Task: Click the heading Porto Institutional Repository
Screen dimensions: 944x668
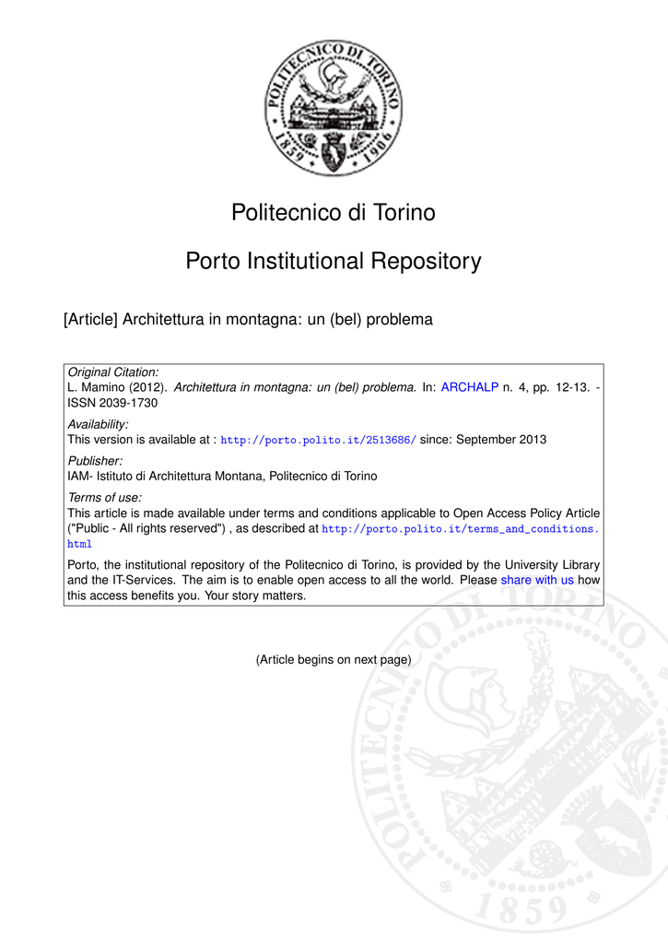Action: coord(334,262)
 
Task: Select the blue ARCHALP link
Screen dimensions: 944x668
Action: coord(469,388)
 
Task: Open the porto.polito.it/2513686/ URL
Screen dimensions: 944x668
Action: coord(319,441)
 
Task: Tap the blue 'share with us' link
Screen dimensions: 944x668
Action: coord(537,580)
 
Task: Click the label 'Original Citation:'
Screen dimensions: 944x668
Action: coord(113,372)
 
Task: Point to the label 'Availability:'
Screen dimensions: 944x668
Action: coord(99,424)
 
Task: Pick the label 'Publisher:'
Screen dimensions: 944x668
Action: coord(96,460)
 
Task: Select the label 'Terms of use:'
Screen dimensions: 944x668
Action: coord(105,497)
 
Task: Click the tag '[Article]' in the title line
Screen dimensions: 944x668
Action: coord(90,321)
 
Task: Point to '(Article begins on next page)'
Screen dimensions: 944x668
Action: coord(333,659)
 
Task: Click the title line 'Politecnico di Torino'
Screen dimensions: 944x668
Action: coord(334,213)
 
